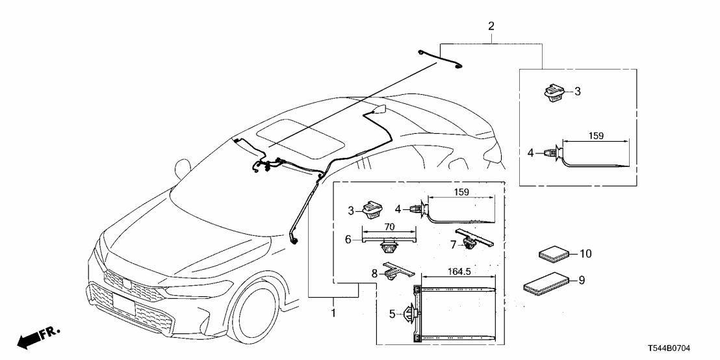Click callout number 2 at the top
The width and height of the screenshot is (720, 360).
click(x=491, y=27)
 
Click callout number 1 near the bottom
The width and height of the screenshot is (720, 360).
click(x=333, y=313)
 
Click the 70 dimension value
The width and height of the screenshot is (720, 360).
click(x=389, y=227)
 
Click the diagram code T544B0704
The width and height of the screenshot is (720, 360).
click(x=682, y=349)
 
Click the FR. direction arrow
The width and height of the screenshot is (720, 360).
click(x=36, y=337)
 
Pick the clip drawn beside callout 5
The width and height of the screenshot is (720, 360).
click(x=411, y=315)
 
